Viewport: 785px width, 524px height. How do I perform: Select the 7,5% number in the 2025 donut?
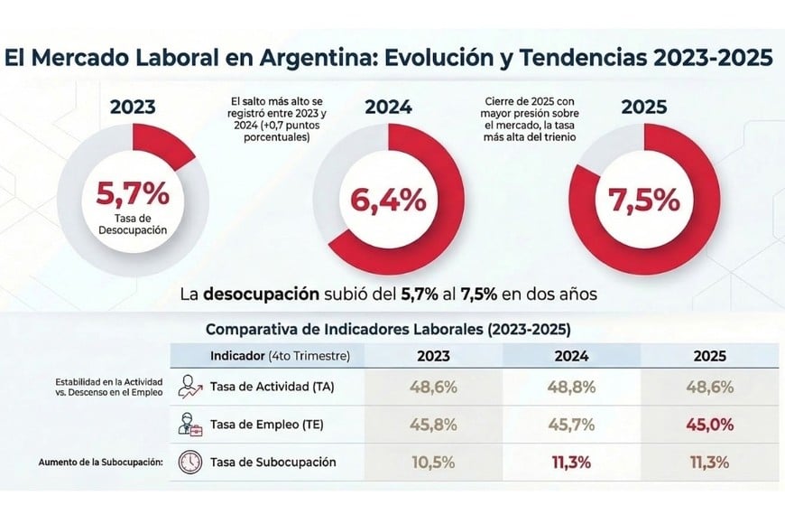pos(644,201)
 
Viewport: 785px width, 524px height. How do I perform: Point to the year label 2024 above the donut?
pos(388,108)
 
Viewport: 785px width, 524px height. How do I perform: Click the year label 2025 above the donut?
pos(643,108)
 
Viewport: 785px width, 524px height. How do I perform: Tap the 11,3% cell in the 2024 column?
pos(573,462)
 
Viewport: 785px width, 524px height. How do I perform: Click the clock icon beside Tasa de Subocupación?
pos(191,462)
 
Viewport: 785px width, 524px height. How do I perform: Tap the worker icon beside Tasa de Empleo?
pos(191,424)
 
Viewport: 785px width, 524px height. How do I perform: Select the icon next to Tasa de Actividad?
pos(191,386)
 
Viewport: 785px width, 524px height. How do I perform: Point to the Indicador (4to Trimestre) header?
pos(279,355)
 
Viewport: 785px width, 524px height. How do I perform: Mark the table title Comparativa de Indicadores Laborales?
pos(388,329)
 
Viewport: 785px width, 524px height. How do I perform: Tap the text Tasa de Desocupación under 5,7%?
pos(133,222)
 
